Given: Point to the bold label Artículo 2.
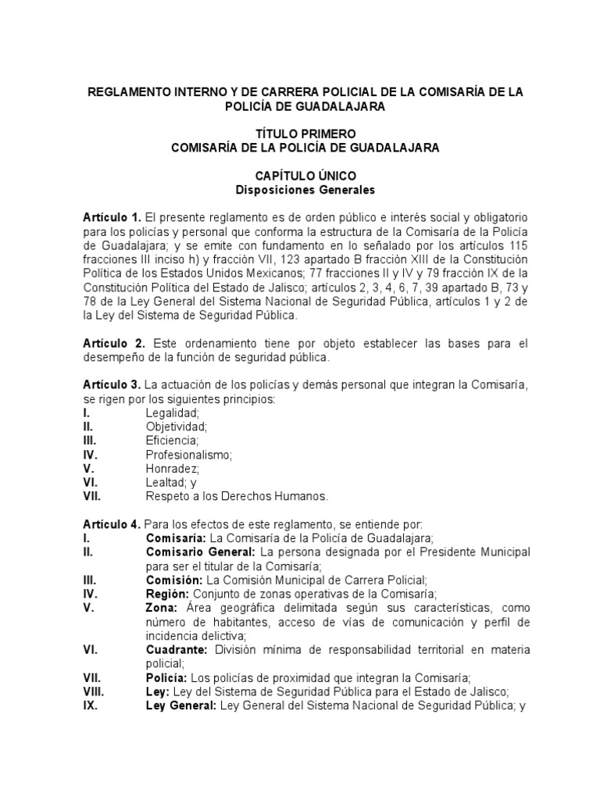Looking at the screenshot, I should [114, 344].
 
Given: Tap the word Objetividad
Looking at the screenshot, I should [177, 427].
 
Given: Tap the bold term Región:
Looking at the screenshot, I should [167, 594].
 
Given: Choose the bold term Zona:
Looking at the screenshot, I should [162, 608].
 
